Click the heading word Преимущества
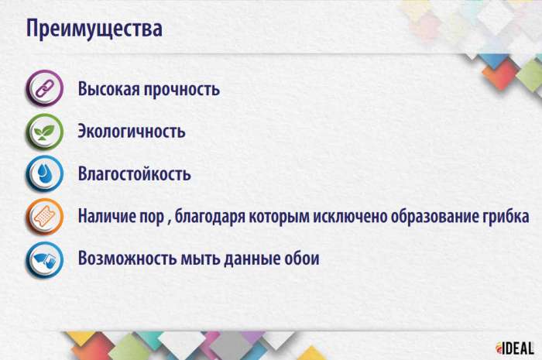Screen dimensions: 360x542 (94, 30)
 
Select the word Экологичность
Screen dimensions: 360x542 (131, 131)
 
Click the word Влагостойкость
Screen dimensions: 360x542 (134, 173)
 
